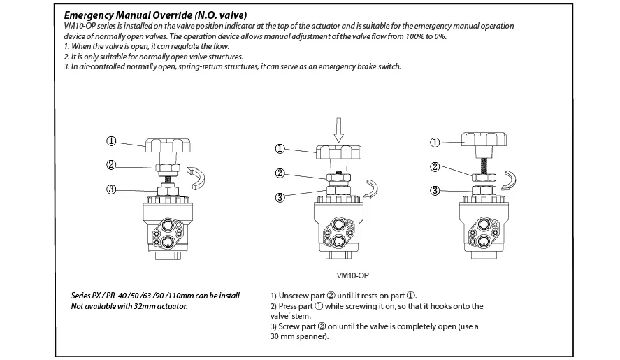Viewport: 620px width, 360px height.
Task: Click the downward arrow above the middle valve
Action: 338,130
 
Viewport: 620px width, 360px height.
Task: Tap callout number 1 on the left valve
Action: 111,141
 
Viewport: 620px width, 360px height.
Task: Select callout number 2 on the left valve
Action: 111,164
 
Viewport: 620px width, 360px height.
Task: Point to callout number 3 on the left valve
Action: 111,189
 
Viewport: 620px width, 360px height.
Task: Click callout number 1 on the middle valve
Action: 280,149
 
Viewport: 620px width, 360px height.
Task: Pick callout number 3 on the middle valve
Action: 280,197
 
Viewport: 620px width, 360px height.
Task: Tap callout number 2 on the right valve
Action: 435,167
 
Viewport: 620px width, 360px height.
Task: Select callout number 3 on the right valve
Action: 435,191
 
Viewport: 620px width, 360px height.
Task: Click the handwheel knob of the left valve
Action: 168,145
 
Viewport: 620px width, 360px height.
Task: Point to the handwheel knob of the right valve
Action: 484,139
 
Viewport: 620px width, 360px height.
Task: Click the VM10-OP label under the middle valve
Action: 353,275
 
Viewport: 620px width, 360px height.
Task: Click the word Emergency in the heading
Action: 88,16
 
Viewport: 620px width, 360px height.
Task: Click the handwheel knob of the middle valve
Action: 338,152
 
